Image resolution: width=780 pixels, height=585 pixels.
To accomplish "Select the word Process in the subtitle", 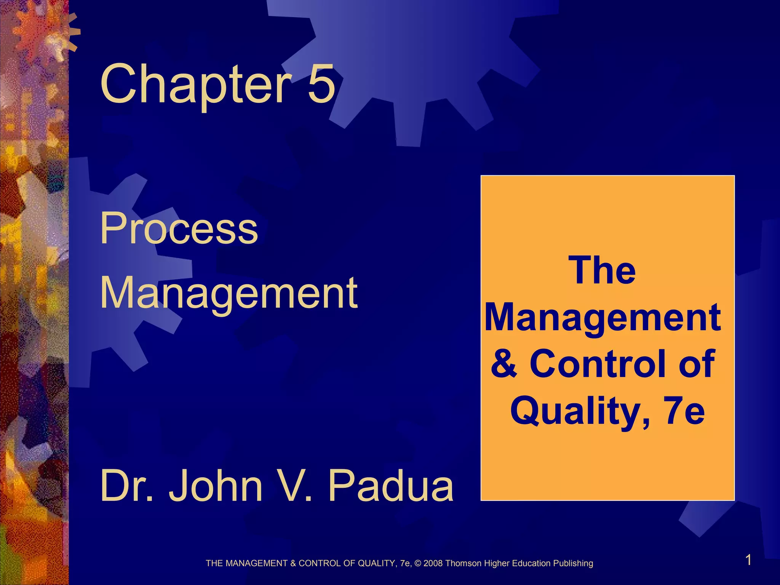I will coord(179,229).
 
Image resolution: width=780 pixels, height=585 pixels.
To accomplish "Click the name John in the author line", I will coord(216,486).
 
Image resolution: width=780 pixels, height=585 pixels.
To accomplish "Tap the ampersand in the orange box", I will coord(504,364).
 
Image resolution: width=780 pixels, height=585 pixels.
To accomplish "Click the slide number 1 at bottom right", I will coord(748,560).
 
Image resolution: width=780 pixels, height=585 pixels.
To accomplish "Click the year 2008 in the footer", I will coord(433,563).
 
